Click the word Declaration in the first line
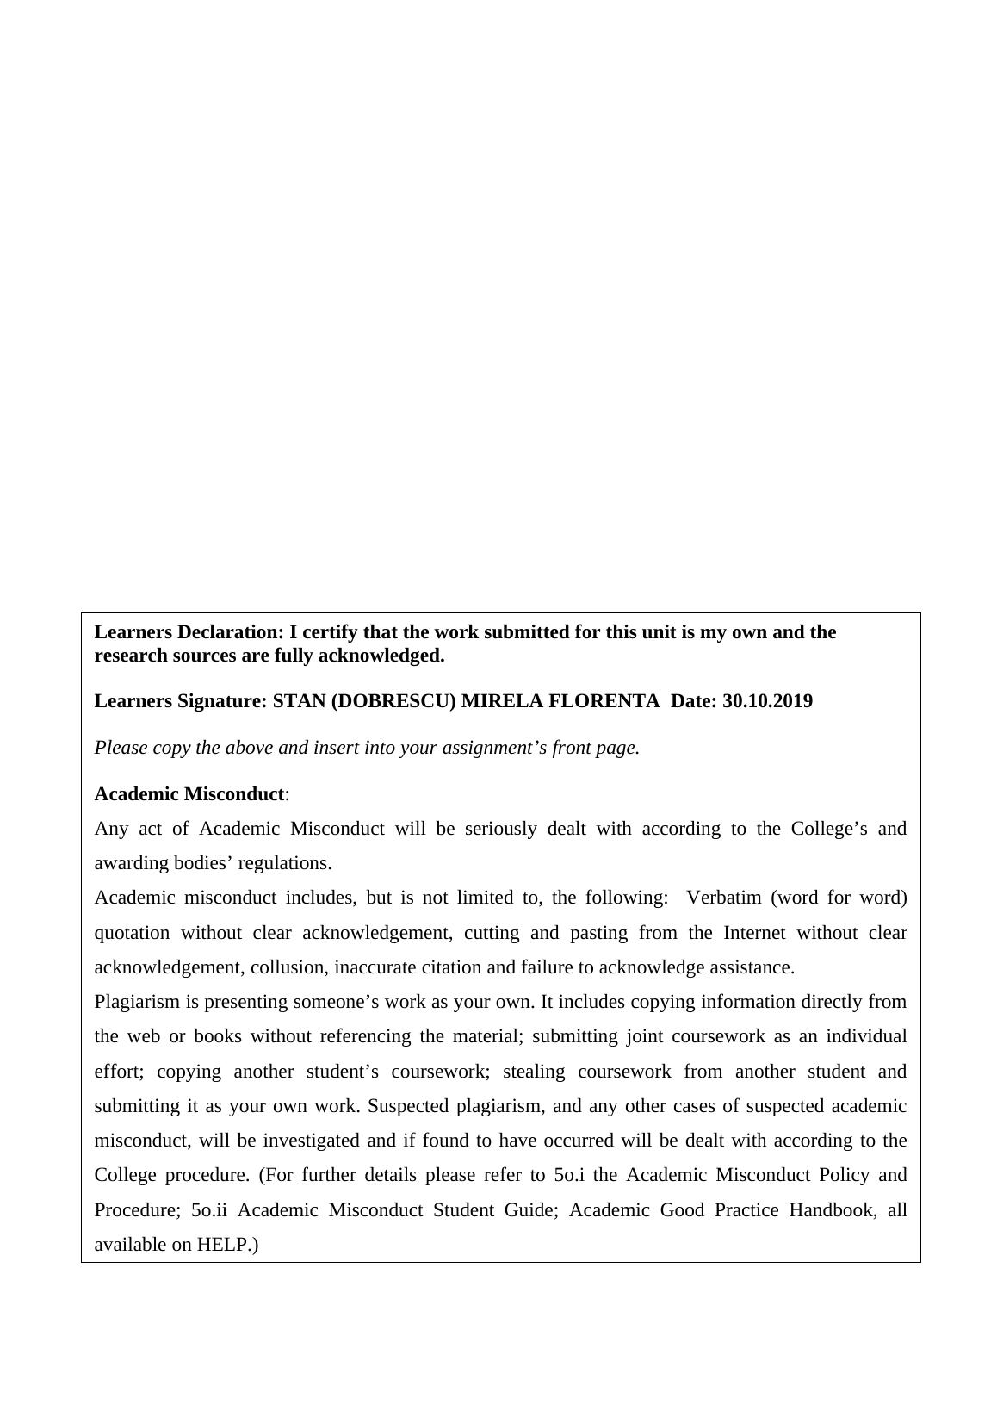(230, 632)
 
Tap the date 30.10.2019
(767, 701)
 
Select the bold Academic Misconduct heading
(189, 793)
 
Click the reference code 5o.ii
(208, 1210)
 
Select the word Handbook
(831, 1210)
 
